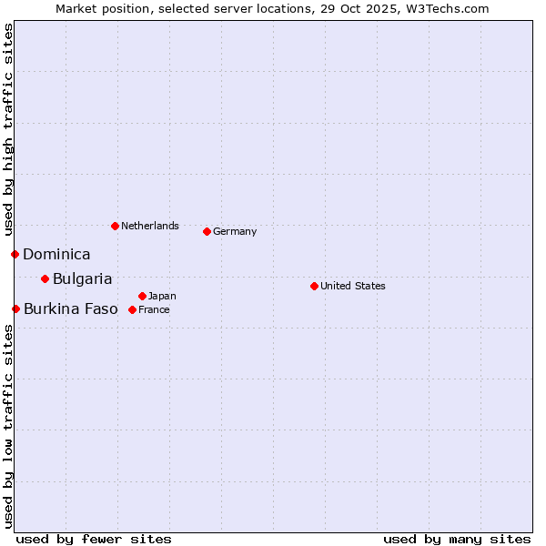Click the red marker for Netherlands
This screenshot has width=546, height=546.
point(115,226)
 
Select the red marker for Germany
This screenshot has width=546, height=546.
point(207,231)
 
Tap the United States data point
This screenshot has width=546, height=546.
point(314,286)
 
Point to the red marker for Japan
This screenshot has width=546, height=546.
point(142,296)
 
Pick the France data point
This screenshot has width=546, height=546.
point(132,309)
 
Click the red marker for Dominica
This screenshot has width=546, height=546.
point(15,254)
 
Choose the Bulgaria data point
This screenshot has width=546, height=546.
point(45,278)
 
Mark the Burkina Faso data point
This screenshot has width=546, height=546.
point(15,308)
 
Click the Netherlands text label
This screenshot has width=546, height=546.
point(150,226)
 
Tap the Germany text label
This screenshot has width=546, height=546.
point(235,231)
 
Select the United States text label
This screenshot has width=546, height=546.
point(353,286)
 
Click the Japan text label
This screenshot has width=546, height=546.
point(162,296)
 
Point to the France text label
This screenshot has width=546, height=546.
point(154,309)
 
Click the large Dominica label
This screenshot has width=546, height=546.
point(56,255)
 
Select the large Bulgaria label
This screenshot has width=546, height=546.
point(82,279)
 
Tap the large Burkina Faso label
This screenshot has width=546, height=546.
point(70,309)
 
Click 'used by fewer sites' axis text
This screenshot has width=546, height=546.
point(94,539)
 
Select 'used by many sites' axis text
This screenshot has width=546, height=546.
point(457,539)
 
